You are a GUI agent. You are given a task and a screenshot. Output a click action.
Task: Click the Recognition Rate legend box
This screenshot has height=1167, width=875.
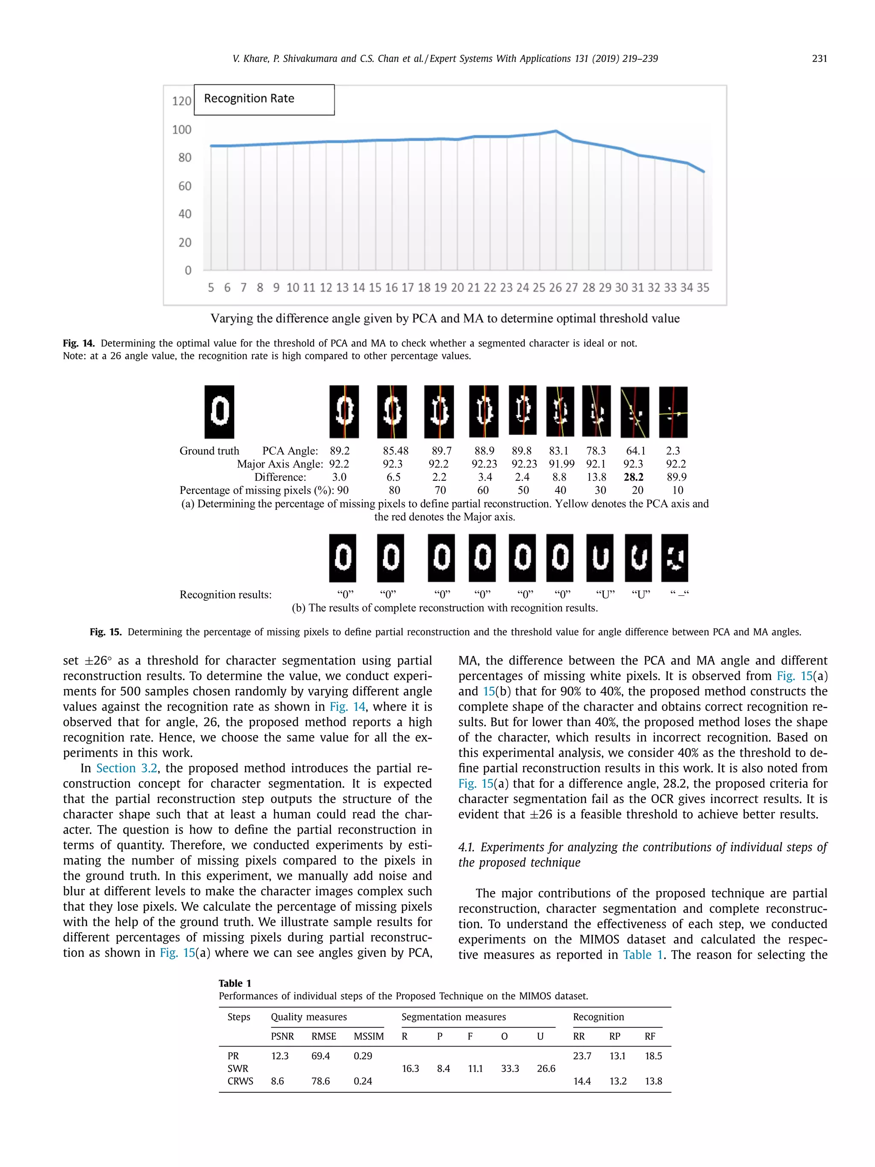264,100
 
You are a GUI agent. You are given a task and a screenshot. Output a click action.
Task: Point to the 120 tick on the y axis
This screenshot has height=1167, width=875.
182,101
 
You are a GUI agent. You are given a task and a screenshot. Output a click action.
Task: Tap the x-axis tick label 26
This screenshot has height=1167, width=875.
555,288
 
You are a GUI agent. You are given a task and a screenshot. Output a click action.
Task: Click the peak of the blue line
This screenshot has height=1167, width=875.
555,131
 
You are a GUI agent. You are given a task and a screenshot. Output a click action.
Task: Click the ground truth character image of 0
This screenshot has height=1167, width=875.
220,412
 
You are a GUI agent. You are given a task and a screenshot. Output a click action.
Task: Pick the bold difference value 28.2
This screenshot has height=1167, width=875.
634,477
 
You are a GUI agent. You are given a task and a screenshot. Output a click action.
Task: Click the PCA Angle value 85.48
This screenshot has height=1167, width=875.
396,451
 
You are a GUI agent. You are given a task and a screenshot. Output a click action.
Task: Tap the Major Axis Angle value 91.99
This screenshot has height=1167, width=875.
561,464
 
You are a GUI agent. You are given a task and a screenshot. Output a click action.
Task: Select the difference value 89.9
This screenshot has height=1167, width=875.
676,477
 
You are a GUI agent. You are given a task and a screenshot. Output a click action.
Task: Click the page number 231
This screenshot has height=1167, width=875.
819,59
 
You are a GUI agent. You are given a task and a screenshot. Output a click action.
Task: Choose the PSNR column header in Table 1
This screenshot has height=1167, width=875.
282,1036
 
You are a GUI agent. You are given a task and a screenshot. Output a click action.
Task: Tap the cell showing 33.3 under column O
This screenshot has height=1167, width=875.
510,1068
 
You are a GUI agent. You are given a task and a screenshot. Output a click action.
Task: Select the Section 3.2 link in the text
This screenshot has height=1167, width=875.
126,768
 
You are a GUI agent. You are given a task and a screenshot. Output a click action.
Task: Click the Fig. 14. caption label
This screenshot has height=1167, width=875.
79,344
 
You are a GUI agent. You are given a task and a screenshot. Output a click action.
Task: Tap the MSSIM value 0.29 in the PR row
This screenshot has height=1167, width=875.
363,1055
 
